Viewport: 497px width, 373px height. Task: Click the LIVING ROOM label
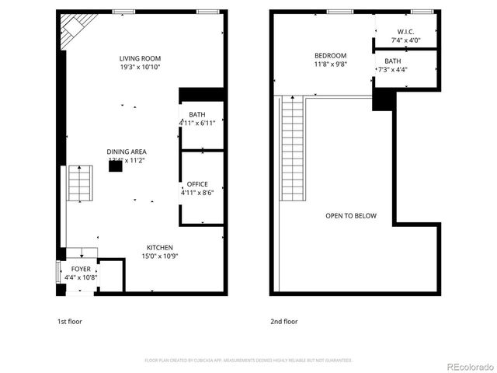(140, 58)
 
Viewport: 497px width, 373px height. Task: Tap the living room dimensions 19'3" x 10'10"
(140, 68)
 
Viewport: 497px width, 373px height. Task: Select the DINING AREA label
(127, 152)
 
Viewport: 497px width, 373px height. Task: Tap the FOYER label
(80, 268)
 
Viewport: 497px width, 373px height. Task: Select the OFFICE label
(197, 184)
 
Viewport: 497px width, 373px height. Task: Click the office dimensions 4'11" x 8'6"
(197, 193)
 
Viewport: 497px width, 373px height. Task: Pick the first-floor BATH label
(197, 115)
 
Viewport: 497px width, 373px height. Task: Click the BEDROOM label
(330, 55)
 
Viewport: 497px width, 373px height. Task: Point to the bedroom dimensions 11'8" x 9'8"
(330, 64)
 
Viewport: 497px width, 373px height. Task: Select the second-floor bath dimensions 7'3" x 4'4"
(392, 70)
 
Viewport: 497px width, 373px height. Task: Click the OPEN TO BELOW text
(351, 215)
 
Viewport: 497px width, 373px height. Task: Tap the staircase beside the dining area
(79, 183)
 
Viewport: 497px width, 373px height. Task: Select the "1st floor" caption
(69, 321)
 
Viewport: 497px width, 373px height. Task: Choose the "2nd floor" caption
(284, 321)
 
